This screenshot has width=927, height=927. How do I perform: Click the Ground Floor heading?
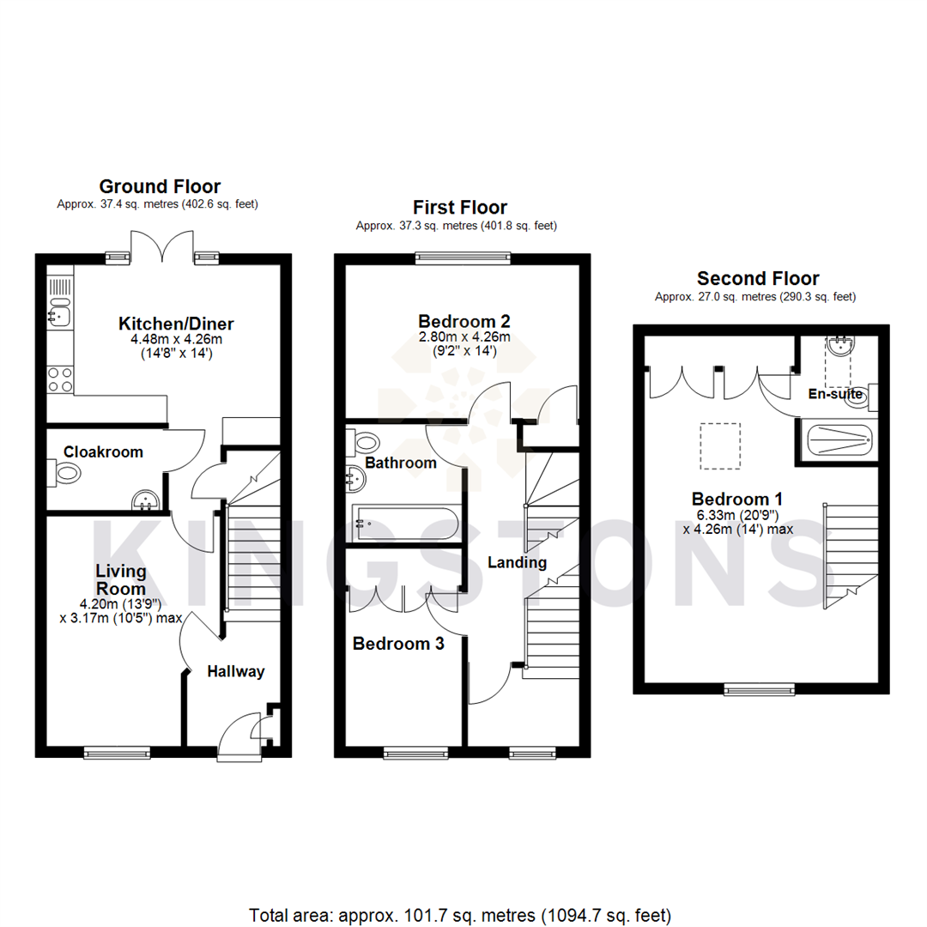pos(160,186)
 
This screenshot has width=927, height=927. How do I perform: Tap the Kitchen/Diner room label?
pos(176,324)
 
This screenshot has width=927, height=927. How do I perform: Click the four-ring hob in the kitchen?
pos(60,379)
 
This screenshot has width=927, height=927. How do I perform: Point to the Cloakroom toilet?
pos(65,472)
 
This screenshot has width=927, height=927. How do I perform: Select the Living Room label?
pos(121,580)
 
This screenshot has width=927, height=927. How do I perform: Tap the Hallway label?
pos(236,672)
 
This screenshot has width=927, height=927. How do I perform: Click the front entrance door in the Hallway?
pos(239,736)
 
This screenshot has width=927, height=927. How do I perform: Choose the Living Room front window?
pos(118,753)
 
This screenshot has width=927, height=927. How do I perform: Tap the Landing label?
pos(517,563)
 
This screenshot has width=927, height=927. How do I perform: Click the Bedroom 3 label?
pos(399,644)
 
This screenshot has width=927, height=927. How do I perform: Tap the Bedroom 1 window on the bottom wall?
pos(759,688)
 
